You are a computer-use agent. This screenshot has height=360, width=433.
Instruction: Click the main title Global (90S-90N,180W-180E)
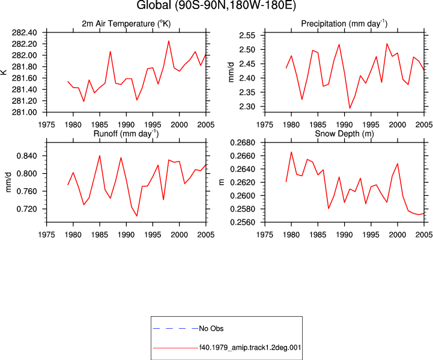216,5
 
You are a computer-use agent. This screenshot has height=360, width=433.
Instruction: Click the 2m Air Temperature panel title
126,24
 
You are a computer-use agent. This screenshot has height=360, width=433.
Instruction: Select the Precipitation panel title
344,24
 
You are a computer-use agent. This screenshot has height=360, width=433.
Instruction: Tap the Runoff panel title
126,133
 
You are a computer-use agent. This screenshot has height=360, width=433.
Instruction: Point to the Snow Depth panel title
344,133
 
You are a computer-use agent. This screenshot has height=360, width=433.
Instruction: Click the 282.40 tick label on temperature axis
24,32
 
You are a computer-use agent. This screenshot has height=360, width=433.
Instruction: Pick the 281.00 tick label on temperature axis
24,112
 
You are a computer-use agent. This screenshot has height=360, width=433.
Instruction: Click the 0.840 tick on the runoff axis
27,156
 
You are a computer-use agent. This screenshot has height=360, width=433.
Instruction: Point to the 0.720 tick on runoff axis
27,209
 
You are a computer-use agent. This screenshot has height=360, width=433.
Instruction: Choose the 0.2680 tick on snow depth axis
243,142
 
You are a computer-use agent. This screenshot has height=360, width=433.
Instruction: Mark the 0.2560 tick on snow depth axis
243,222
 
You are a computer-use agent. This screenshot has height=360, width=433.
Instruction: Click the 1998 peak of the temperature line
169,41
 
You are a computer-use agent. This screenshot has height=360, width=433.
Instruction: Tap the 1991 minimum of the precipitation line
350,108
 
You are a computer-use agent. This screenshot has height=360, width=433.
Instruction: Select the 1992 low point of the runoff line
137,216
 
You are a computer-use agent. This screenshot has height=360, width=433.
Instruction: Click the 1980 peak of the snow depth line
291,151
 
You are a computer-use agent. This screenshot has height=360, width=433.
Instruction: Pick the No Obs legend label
211,329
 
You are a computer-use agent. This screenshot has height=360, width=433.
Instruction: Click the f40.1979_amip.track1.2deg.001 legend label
250,347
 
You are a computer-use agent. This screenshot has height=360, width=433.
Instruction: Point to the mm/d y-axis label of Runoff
8,182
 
